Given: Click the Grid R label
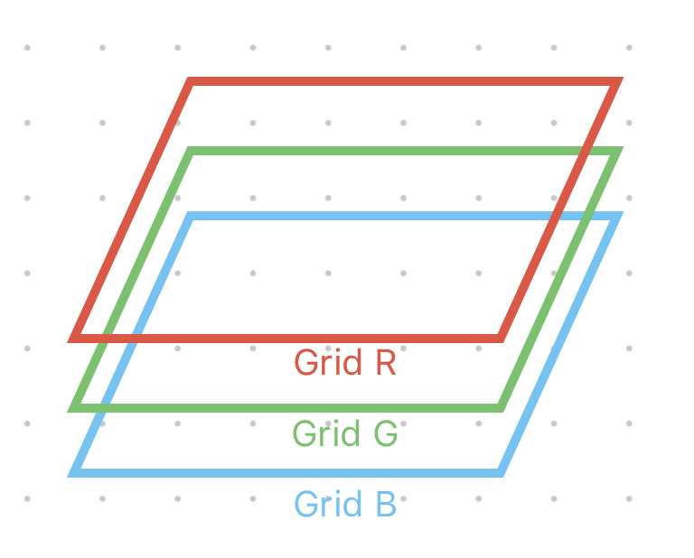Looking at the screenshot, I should [345, 363].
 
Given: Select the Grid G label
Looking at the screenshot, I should [345, 434].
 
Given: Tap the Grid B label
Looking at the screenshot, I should [345, 504].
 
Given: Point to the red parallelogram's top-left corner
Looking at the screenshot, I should [191, 83].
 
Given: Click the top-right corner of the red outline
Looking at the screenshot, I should [616, 83].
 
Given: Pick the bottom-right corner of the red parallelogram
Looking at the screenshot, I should [500, 339].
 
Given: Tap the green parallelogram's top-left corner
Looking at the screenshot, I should [191, 151].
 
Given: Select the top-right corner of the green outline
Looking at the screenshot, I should [616, 151].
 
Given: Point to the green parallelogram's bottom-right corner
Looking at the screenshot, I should [500, 408].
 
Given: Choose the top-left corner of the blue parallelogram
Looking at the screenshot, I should [191, 217].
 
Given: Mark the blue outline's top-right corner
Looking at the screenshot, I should [616, 217].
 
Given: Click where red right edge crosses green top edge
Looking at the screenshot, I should [586, 151].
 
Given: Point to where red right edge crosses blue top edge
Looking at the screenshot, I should [556, 217].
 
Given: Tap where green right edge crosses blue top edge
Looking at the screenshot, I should [586, 217].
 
